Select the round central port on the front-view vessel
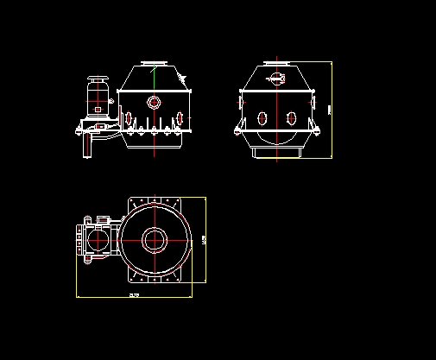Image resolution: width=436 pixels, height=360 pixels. tap(155, 102)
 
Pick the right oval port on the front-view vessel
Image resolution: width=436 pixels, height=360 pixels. tap(180, 117)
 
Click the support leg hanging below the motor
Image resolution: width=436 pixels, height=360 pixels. tap(85, 146)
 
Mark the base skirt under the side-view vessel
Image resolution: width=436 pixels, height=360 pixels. tap(277, 153)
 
